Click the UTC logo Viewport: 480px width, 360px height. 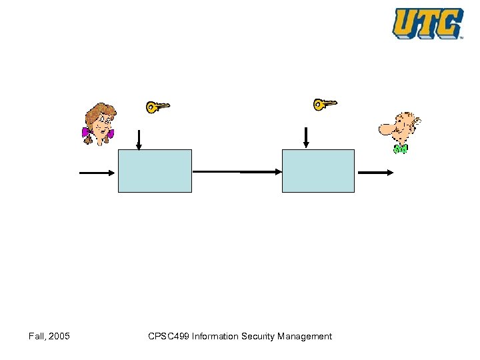[x=427, y=23]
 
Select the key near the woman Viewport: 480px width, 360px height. [x=158, y=106]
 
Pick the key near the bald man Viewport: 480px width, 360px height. [x=325, y=103]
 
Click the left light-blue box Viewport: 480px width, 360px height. [x=155, y=171]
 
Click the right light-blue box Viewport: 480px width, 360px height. [x=318, y=171]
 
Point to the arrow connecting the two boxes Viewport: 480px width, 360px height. [x=237, y=171]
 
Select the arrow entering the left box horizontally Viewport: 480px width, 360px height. [x=97, y=173]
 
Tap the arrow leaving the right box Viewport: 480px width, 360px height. [x=376, y=173]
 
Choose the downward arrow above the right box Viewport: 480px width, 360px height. [x=306, y=137]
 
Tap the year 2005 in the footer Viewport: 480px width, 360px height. [x=59, y=336]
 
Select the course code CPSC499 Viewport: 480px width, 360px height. [x=169, y=336]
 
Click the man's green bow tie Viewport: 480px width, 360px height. [x=400, y=149]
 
